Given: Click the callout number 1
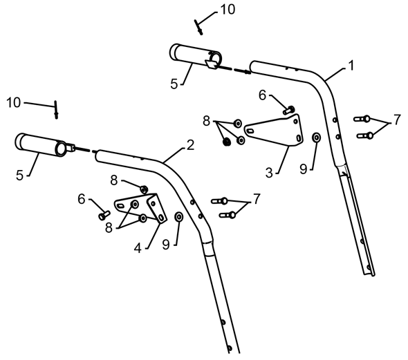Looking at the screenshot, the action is coord(351,66).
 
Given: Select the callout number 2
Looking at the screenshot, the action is coord(190,145).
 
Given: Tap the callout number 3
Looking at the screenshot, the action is coord(269,173).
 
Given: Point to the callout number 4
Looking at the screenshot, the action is coord(138,249).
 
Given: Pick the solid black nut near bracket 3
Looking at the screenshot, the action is coord(227,142).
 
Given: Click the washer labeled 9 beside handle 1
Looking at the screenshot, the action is coord(317,138).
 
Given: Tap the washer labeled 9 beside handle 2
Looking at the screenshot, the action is coord(179,216).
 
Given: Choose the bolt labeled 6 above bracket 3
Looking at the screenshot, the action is coord(289,110).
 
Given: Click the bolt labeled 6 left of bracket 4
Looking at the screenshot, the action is coord(104,215).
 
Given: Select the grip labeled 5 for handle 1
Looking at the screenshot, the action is coord(196,56).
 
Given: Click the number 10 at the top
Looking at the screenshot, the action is coord(228,10).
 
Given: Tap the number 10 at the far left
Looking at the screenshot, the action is coord(14,103).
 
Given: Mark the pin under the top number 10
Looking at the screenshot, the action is coord(198,27).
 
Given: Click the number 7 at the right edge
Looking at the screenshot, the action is coord(397,120).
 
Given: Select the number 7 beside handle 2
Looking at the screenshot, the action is coord(257,199).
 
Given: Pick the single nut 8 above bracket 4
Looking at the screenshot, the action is coord(144,189).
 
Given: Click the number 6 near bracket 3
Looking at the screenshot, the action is coord(262,95).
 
